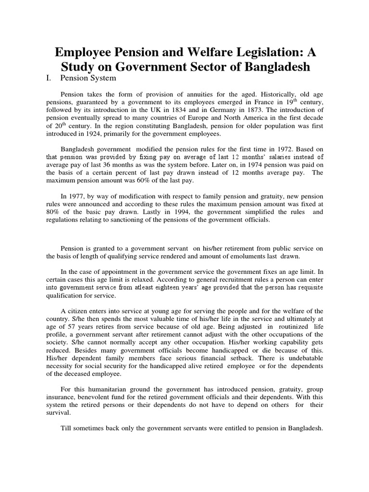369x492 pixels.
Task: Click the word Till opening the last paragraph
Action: [67, 428]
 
